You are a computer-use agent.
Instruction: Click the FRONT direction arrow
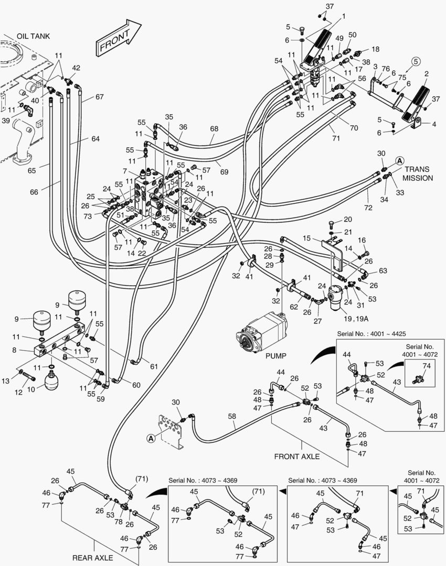click(x=118, y=38)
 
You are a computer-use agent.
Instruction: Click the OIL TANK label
click(x=33, y=36)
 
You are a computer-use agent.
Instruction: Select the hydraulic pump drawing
click(x=262, y=332)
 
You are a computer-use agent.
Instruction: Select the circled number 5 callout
click(x=416, y=62)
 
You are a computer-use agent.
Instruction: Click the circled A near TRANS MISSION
click(x=399, y=160)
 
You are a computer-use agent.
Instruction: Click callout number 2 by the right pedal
click(x=426, y=74)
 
